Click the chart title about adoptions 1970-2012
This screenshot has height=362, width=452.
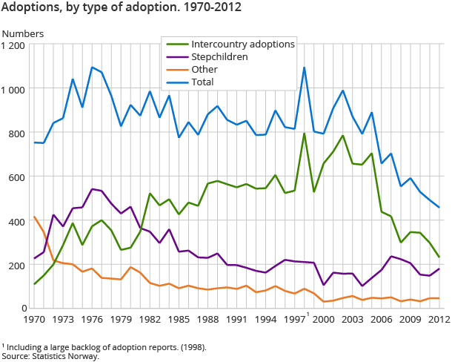(122, 9)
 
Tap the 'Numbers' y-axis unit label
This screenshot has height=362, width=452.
(23, 33)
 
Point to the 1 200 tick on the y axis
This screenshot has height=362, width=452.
(14, 45)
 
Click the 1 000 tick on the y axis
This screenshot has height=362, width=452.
(14, 89)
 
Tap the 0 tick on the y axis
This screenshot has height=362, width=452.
(24, 308)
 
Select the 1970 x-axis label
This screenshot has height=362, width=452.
(35, 320)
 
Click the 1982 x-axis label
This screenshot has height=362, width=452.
(150, 320)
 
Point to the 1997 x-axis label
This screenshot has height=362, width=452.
(295, 320)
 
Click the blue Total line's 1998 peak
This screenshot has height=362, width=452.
(305, 68)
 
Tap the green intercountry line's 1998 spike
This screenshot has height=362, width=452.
(305, 134)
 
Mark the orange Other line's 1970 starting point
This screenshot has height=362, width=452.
(35, 217)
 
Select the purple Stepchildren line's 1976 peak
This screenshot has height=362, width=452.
(93, 188)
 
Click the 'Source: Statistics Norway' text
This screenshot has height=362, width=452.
(50, 356)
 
